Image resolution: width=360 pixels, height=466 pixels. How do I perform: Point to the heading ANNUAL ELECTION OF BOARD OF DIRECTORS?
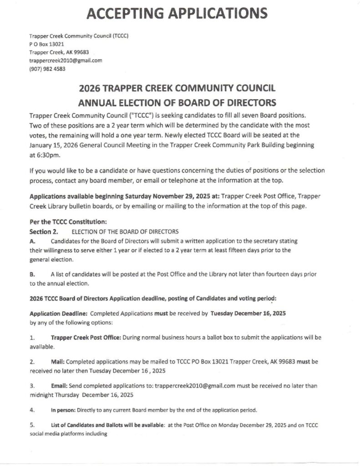[180, 103]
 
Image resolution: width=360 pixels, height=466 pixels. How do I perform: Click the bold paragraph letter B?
[32, 274]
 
